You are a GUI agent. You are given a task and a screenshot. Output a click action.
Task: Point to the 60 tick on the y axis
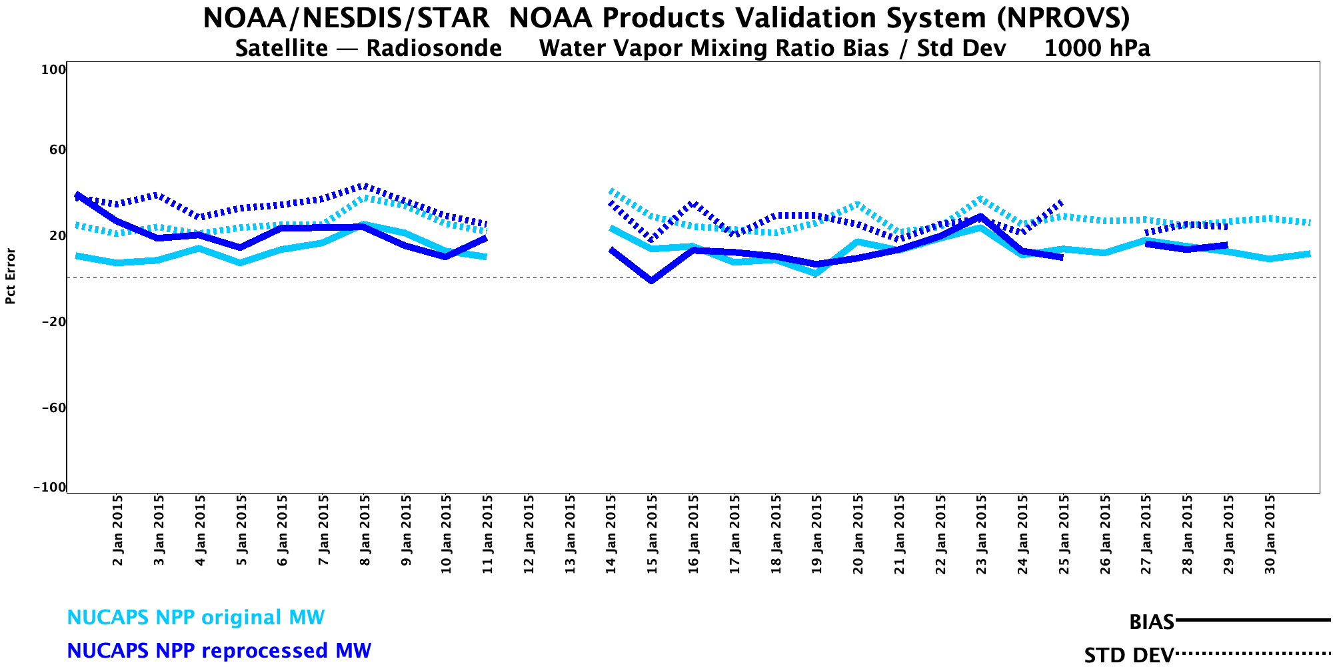57,150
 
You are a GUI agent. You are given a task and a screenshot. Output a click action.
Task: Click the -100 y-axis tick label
49,488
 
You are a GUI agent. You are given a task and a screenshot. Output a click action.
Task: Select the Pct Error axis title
11,276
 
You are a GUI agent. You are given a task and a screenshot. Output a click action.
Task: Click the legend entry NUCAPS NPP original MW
195,618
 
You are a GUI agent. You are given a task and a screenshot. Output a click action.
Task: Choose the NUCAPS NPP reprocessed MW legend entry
219,651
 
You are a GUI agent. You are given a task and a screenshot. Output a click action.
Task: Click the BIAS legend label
1151,622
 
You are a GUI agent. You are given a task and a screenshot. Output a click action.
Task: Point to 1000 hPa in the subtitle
1097,49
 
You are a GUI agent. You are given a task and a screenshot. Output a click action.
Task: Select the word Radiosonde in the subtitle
434,49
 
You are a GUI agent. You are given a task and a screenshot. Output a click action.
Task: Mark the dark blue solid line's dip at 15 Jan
651,281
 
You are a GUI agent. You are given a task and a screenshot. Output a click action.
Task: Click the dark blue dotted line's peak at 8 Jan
363,185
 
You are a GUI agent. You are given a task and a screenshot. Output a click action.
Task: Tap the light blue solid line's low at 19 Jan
816,273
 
